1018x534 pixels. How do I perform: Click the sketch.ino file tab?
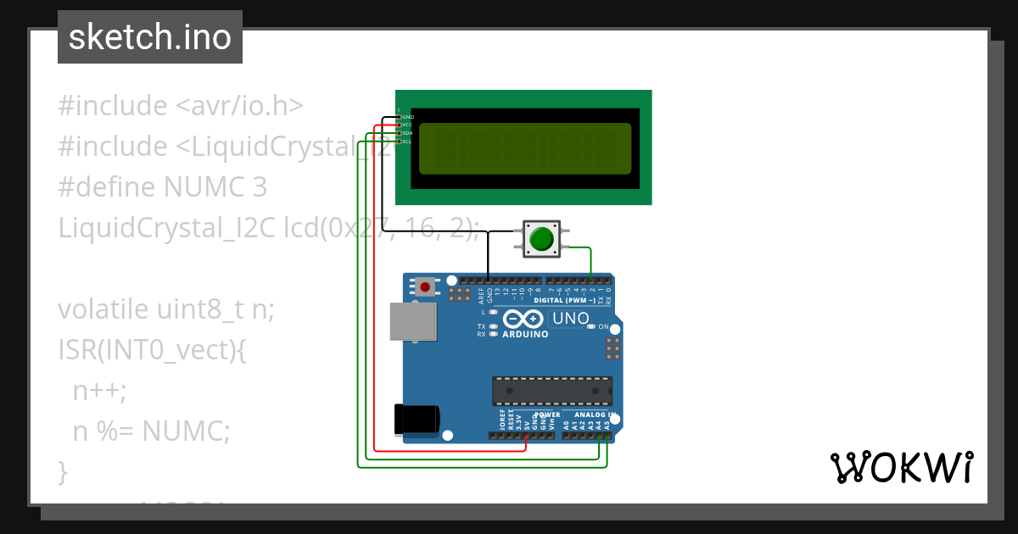(150, 37)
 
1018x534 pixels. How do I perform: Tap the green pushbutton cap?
(540, 239)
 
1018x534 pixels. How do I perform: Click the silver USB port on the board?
(413, 322)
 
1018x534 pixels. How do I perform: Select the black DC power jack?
(417, 420)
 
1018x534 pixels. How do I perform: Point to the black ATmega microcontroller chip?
(552, 390)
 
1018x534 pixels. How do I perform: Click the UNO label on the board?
(570, 319)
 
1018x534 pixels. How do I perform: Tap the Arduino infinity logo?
(523, 319)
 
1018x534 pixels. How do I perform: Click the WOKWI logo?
(901, 467)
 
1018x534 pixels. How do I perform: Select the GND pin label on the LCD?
(407, 116)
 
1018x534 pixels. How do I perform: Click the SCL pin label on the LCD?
(407, 142)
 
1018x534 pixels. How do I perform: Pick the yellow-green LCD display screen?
(525, 147)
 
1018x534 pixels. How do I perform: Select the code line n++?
(99, 391)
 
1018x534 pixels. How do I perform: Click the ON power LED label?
(604, 326)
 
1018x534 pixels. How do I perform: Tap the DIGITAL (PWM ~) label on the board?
(564, 301)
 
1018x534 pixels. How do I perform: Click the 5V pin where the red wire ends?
(526, 437)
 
